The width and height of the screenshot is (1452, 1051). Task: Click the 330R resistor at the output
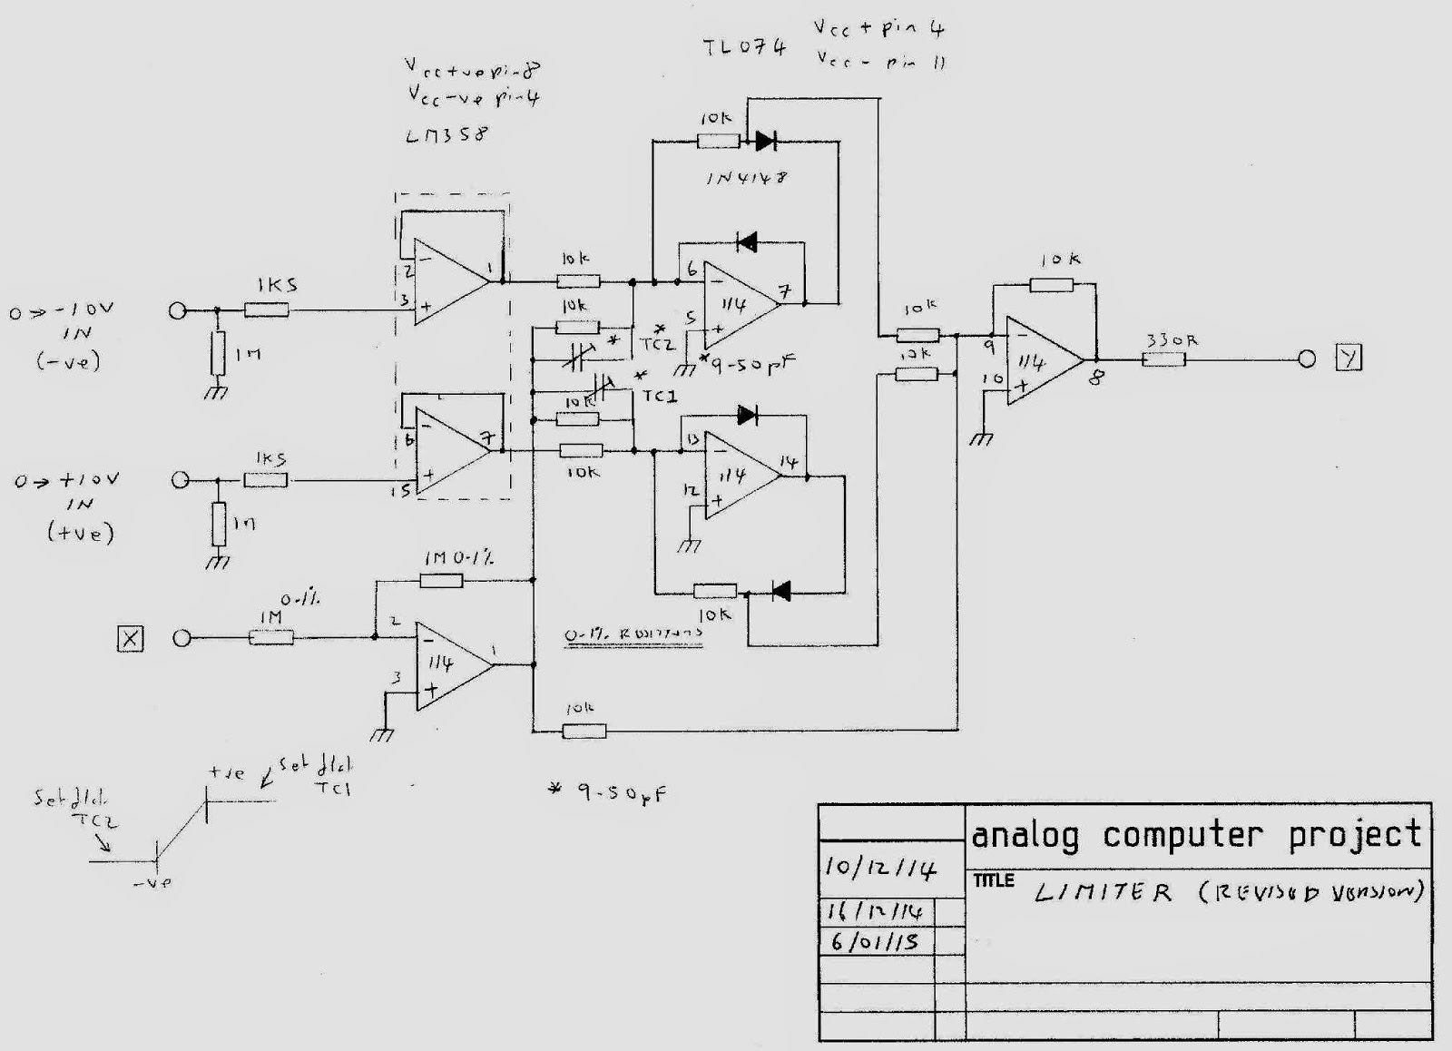(x=1163, y=359)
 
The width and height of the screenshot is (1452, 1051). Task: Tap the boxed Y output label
(x=1349, y=359)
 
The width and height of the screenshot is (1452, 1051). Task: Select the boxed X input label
(x=131, y=639)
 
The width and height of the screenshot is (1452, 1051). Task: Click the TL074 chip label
(x=744, y=47)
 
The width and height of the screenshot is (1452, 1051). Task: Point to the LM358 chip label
(x=446, y=134)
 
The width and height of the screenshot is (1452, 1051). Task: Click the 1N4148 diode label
(x=746, y=178)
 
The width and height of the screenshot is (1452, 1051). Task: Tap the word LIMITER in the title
(x=1103, y=893)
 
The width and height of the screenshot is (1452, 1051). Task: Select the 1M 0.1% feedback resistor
(x=442, y=580)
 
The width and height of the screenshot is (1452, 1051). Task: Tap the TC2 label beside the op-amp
(x=657, y=345)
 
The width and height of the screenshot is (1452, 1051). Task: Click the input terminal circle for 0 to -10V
(x=178, y=311)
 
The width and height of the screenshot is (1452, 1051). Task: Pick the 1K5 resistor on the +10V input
(x=267, y=480)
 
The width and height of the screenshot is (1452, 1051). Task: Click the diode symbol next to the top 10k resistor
(x=764, y=141)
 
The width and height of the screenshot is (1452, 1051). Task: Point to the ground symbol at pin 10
(x=981, y=438)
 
